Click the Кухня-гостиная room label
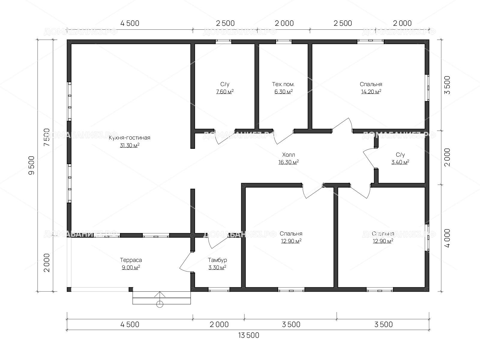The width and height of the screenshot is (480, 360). click(x=130, y=138)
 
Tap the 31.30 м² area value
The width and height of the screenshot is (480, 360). click(x=130, y=145)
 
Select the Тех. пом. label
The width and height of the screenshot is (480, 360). click(x=283, y=84)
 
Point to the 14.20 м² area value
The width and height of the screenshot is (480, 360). click(x=371, y=91)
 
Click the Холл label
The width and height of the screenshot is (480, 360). click(x=288, y=155)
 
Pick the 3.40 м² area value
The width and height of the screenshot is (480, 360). click(x=400, y=162)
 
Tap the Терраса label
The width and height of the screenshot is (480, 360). click(x=131, y=260)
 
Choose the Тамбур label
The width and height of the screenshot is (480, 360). click(x=217, y=260)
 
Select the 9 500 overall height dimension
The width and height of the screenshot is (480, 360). click(x=31, y=165)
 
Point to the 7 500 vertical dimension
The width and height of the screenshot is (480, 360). click(x=47, y=137)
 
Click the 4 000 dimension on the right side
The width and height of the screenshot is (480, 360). click(x=447, y=238)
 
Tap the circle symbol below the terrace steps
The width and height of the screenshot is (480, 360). click(x=160, y=304)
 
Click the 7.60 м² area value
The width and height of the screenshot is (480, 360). click(x=225, y=91)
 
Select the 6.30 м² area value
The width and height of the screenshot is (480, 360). click(x=283, y=91)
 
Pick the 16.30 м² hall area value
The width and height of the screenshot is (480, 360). click(x=288, y=162)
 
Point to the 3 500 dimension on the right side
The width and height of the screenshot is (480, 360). click(x=447, y=85)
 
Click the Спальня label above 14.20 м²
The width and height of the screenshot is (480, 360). click(x=371, y=84)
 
